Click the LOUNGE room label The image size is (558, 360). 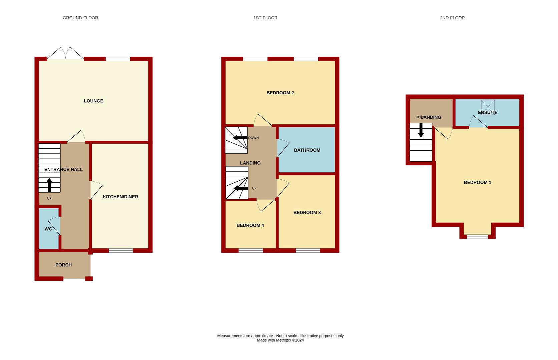93,101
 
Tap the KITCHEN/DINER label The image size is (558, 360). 120,197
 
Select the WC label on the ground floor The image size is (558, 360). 48,229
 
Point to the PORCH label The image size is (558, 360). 63,265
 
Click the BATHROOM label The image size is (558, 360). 307,150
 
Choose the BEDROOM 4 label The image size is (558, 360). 250,225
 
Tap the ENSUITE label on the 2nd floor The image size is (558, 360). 487,113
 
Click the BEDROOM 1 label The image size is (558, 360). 477,182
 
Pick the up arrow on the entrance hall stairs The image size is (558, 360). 49,185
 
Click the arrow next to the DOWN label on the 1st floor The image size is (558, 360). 240,138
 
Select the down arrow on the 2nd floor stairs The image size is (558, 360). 421,130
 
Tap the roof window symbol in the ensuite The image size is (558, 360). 488,105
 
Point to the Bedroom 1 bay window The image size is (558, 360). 477,237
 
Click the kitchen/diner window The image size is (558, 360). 121,250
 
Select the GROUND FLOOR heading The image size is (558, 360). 80,18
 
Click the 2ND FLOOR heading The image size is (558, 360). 452,18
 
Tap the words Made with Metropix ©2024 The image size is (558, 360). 280,340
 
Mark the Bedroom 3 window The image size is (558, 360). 308,250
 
